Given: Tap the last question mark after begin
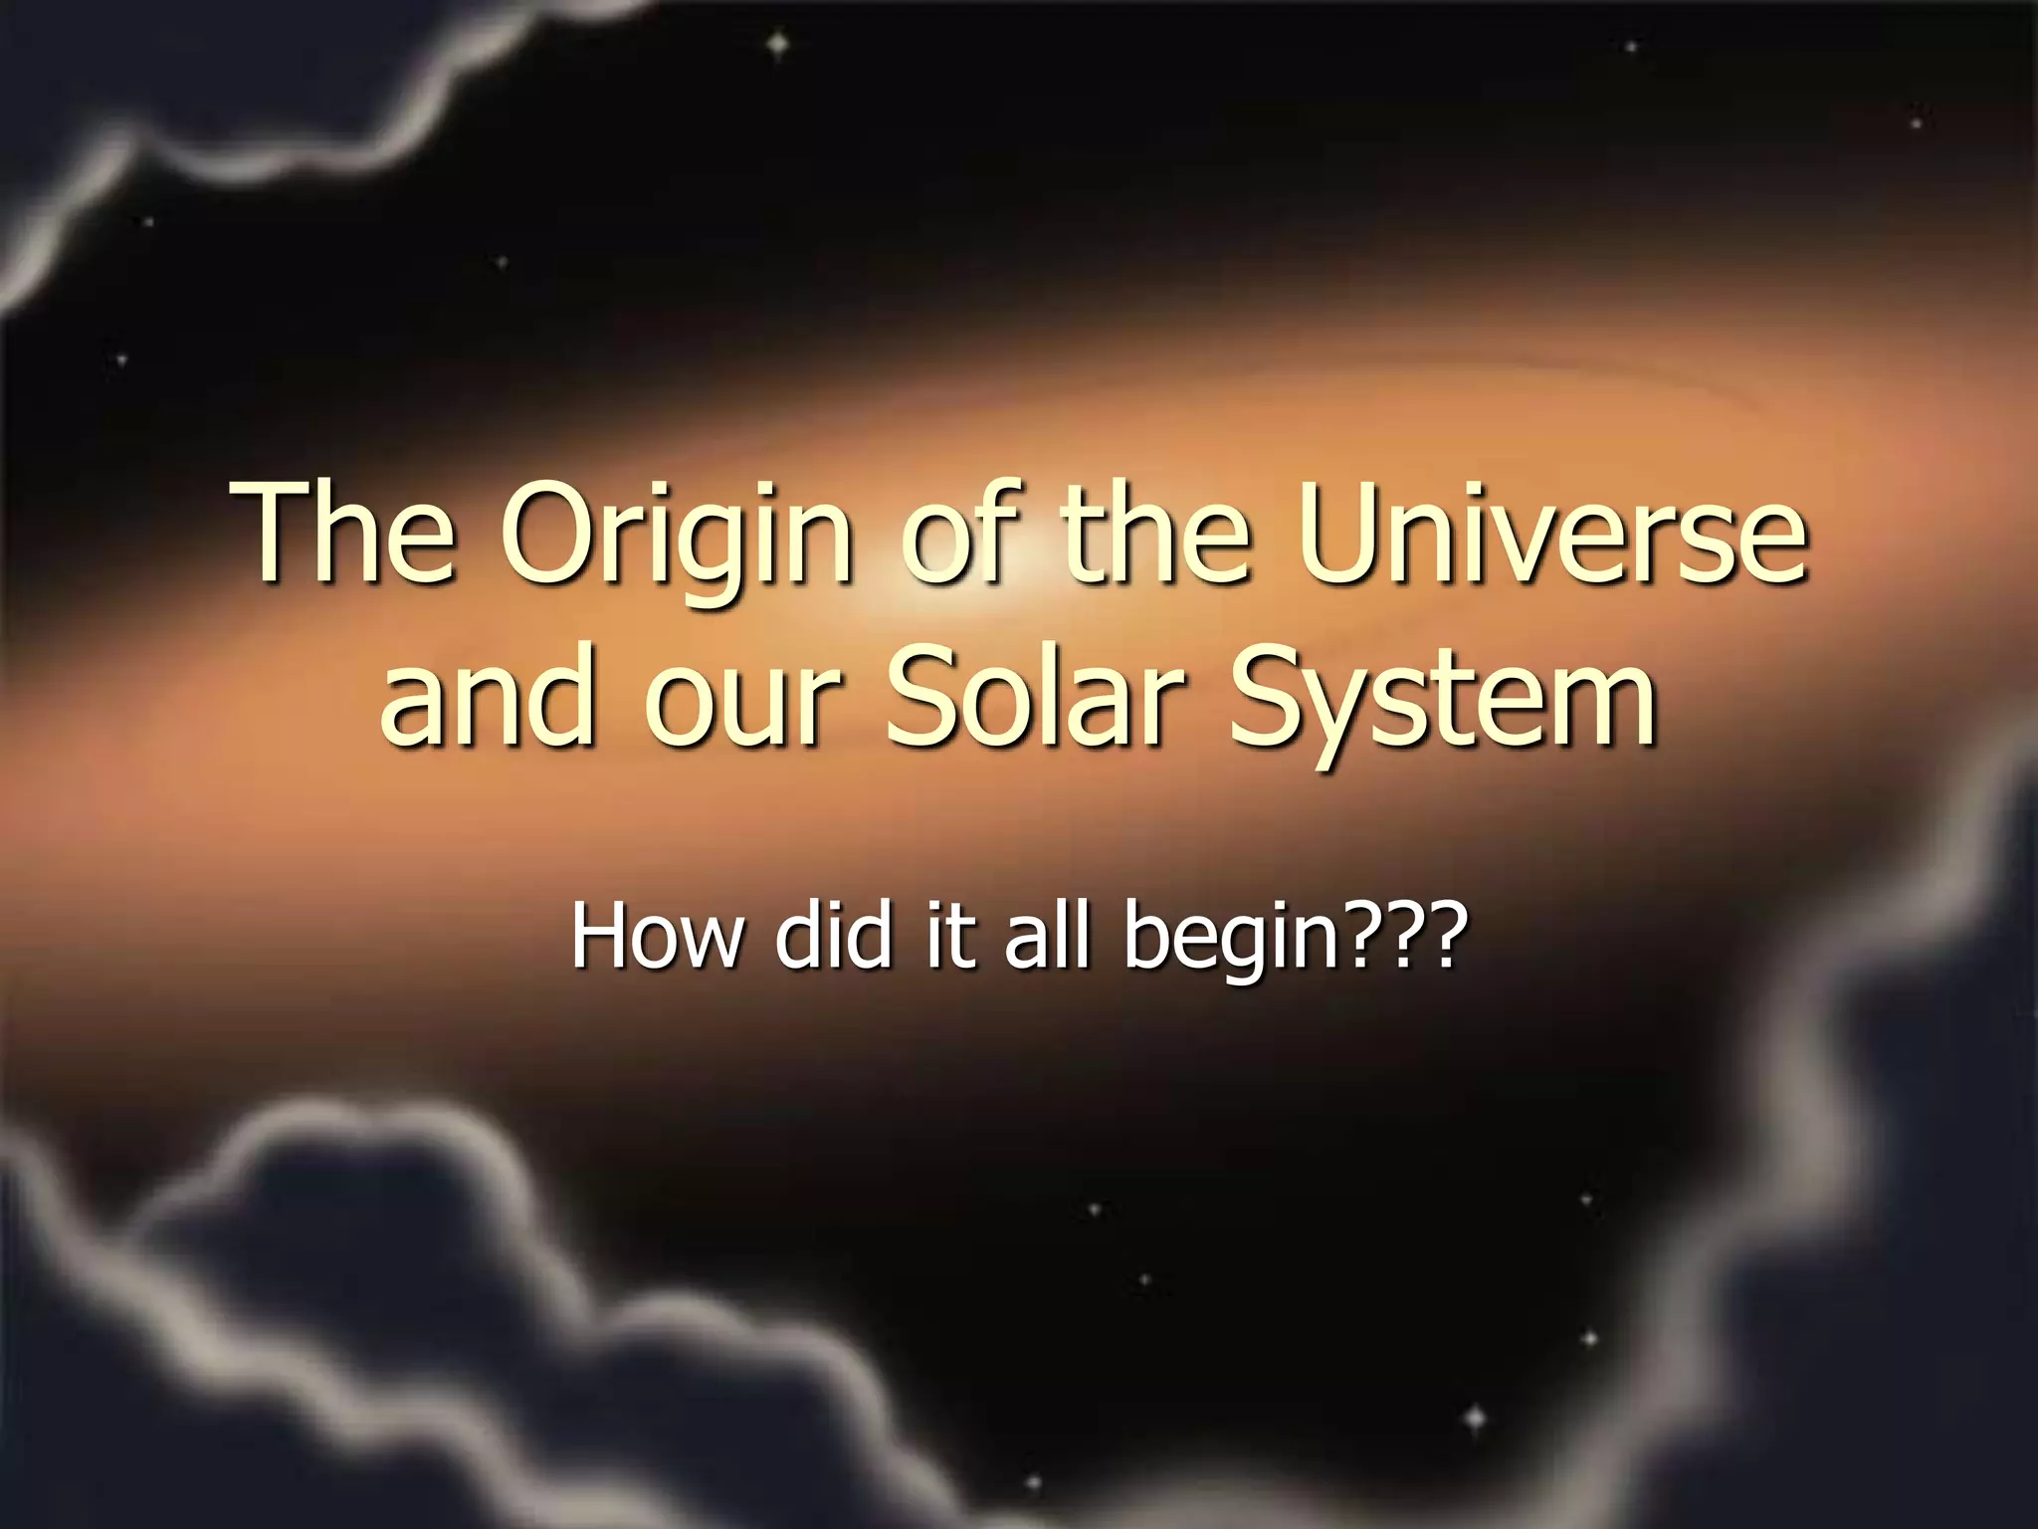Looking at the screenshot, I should tap(1447, 936).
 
